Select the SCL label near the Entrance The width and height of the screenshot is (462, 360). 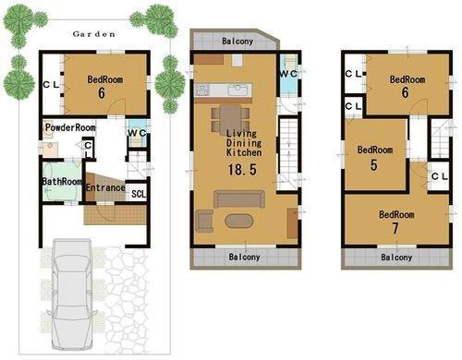point(138,193)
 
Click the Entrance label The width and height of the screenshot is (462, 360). point(104,187)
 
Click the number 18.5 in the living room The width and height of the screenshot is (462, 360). point(241,171)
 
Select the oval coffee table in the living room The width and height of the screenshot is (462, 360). point(238,221)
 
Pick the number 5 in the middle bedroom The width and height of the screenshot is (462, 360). point(373,166)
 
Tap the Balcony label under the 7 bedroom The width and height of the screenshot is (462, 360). point(398,258)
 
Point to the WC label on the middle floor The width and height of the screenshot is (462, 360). point(287,73)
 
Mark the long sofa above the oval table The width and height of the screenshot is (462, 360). point(238,198)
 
